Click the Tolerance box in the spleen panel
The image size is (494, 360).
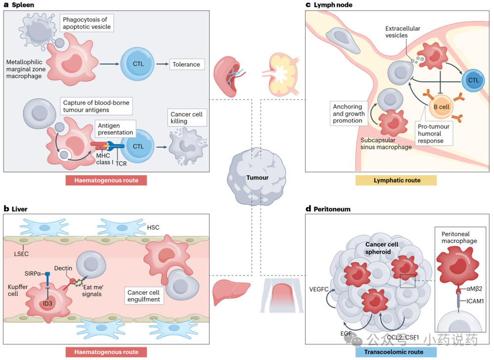point(186,64)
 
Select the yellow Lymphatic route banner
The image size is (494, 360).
point(396,180)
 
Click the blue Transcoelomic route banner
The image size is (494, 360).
point(396,352)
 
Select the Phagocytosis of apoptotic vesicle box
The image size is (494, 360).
point(87,23)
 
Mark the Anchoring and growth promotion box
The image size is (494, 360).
point(348,114)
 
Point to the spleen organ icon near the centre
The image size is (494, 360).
point(229,77)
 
